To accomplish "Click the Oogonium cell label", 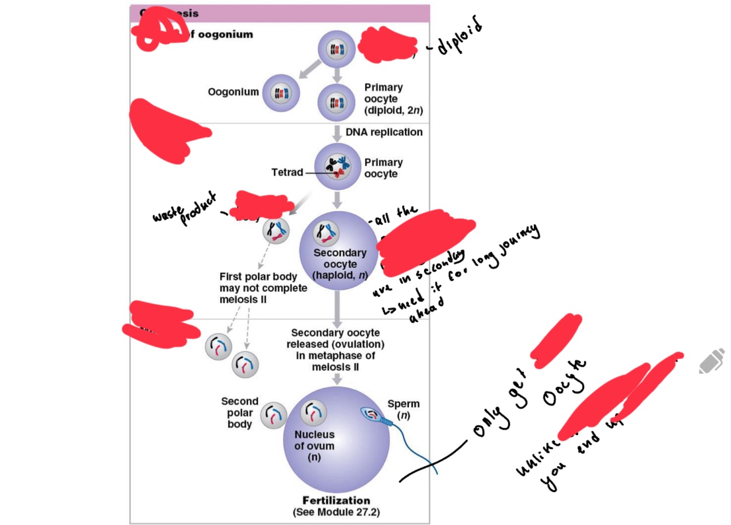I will pos(233,92).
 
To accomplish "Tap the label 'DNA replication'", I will pos(384,132).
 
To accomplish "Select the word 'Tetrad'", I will pos(287,172).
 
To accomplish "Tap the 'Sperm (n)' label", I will pos(403,409).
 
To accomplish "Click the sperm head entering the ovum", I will pos(371,414).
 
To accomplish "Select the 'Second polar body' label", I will pos(239,413).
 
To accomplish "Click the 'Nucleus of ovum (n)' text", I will pos(314,446).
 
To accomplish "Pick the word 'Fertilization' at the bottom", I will pos(336,500).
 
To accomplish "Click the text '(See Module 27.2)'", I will pos(336,512).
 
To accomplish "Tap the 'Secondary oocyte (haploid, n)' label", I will pos(340,264).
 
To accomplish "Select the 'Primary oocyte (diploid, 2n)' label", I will pos(393,99).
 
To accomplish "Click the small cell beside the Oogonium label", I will pos(281,93).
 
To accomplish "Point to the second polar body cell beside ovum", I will pos(273,415).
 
